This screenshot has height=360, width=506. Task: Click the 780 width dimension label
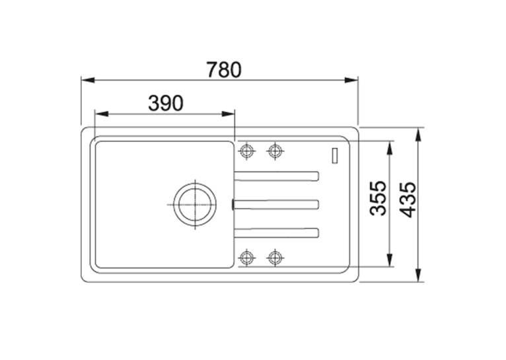click(224, 69)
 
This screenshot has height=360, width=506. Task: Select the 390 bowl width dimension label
click(166, 103)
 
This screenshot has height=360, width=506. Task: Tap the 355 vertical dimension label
click(379, 198)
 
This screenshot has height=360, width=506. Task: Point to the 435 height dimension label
click(408, 199)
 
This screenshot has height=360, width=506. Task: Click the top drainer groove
click(277, 176)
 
